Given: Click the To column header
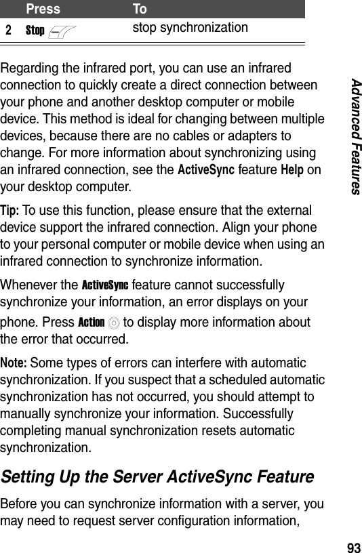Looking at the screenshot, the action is pos(139,9).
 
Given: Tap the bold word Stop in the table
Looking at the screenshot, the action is pos(35,31).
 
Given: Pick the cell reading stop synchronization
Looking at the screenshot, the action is pos(190,28).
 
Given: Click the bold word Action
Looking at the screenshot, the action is pos(91,322).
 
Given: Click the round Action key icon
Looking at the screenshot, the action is pos(111,323).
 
